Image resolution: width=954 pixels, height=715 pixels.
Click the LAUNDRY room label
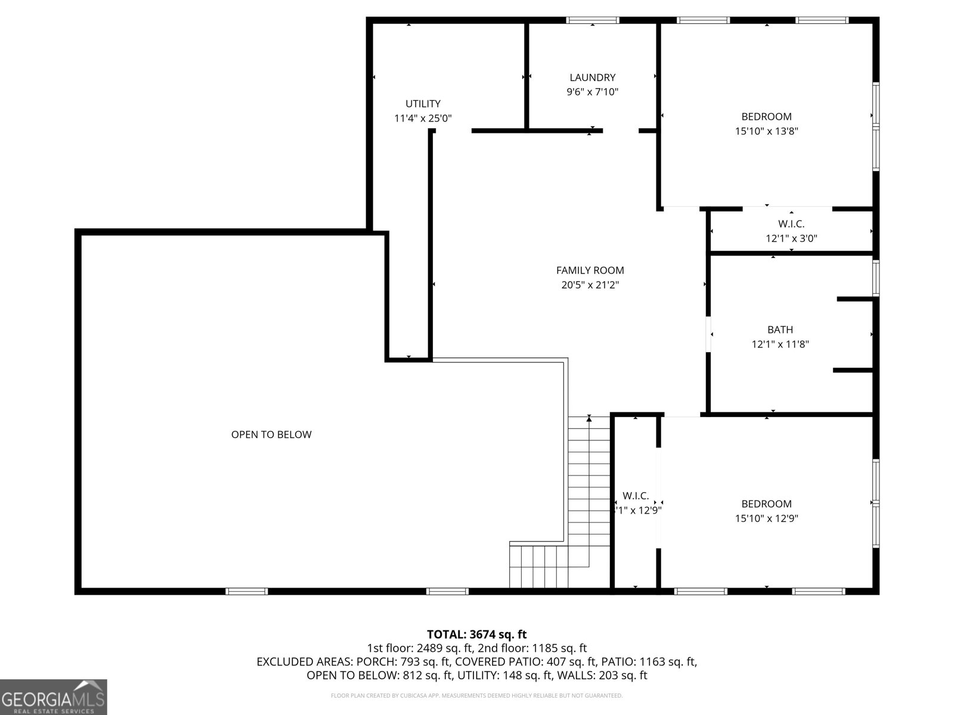tap(592, 77)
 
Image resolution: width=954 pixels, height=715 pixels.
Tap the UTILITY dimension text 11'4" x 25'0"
tap(423, 119)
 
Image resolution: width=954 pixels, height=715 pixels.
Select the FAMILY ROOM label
tap(590, 271)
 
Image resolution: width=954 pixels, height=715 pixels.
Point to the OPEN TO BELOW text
tap(271, 434)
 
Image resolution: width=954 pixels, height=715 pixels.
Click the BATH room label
tap(780, 329)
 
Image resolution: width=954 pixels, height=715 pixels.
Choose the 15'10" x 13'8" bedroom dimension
tap(766, 131)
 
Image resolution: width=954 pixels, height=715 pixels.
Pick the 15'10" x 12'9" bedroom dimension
tap(766, 518)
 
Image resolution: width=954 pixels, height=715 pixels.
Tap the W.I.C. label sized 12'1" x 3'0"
tap(791, 224)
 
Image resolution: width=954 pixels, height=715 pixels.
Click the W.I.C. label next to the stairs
tap(636, 496)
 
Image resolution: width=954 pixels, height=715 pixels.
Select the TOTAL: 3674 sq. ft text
tap(476, 635)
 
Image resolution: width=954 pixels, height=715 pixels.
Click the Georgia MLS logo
tap(54, 697)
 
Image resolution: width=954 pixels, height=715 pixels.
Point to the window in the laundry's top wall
tap(592, 20)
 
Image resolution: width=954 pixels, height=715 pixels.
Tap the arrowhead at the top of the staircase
tap(589, 418)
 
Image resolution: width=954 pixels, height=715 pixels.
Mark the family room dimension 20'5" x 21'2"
tap(590, 285)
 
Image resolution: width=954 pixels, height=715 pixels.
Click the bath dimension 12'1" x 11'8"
tap(780, 344)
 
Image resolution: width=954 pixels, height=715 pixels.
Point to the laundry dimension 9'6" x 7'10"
tap(592, 92)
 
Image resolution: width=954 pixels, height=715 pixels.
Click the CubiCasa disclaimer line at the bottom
tap(476, 695)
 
